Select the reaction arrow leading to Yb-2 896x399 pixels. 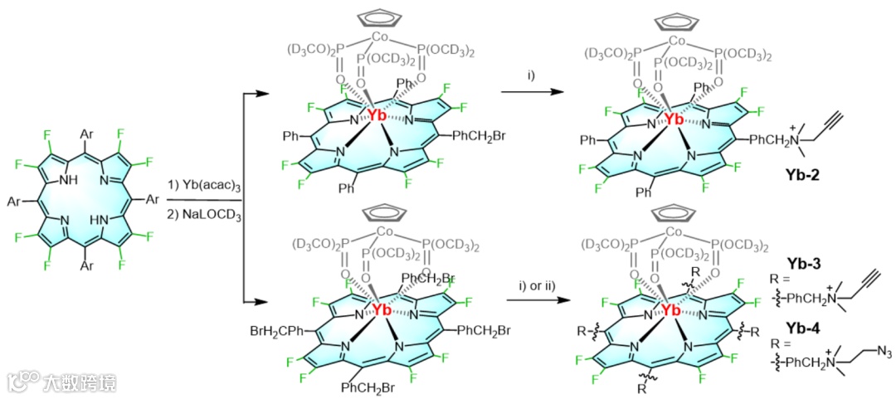click(532, 93)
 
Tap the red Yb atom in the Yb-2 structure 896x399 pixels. click(674, 119)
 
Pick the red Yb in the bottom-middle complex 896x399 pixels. click(381, 309)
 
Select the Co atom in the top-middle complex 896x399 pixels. click(380, 37)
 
